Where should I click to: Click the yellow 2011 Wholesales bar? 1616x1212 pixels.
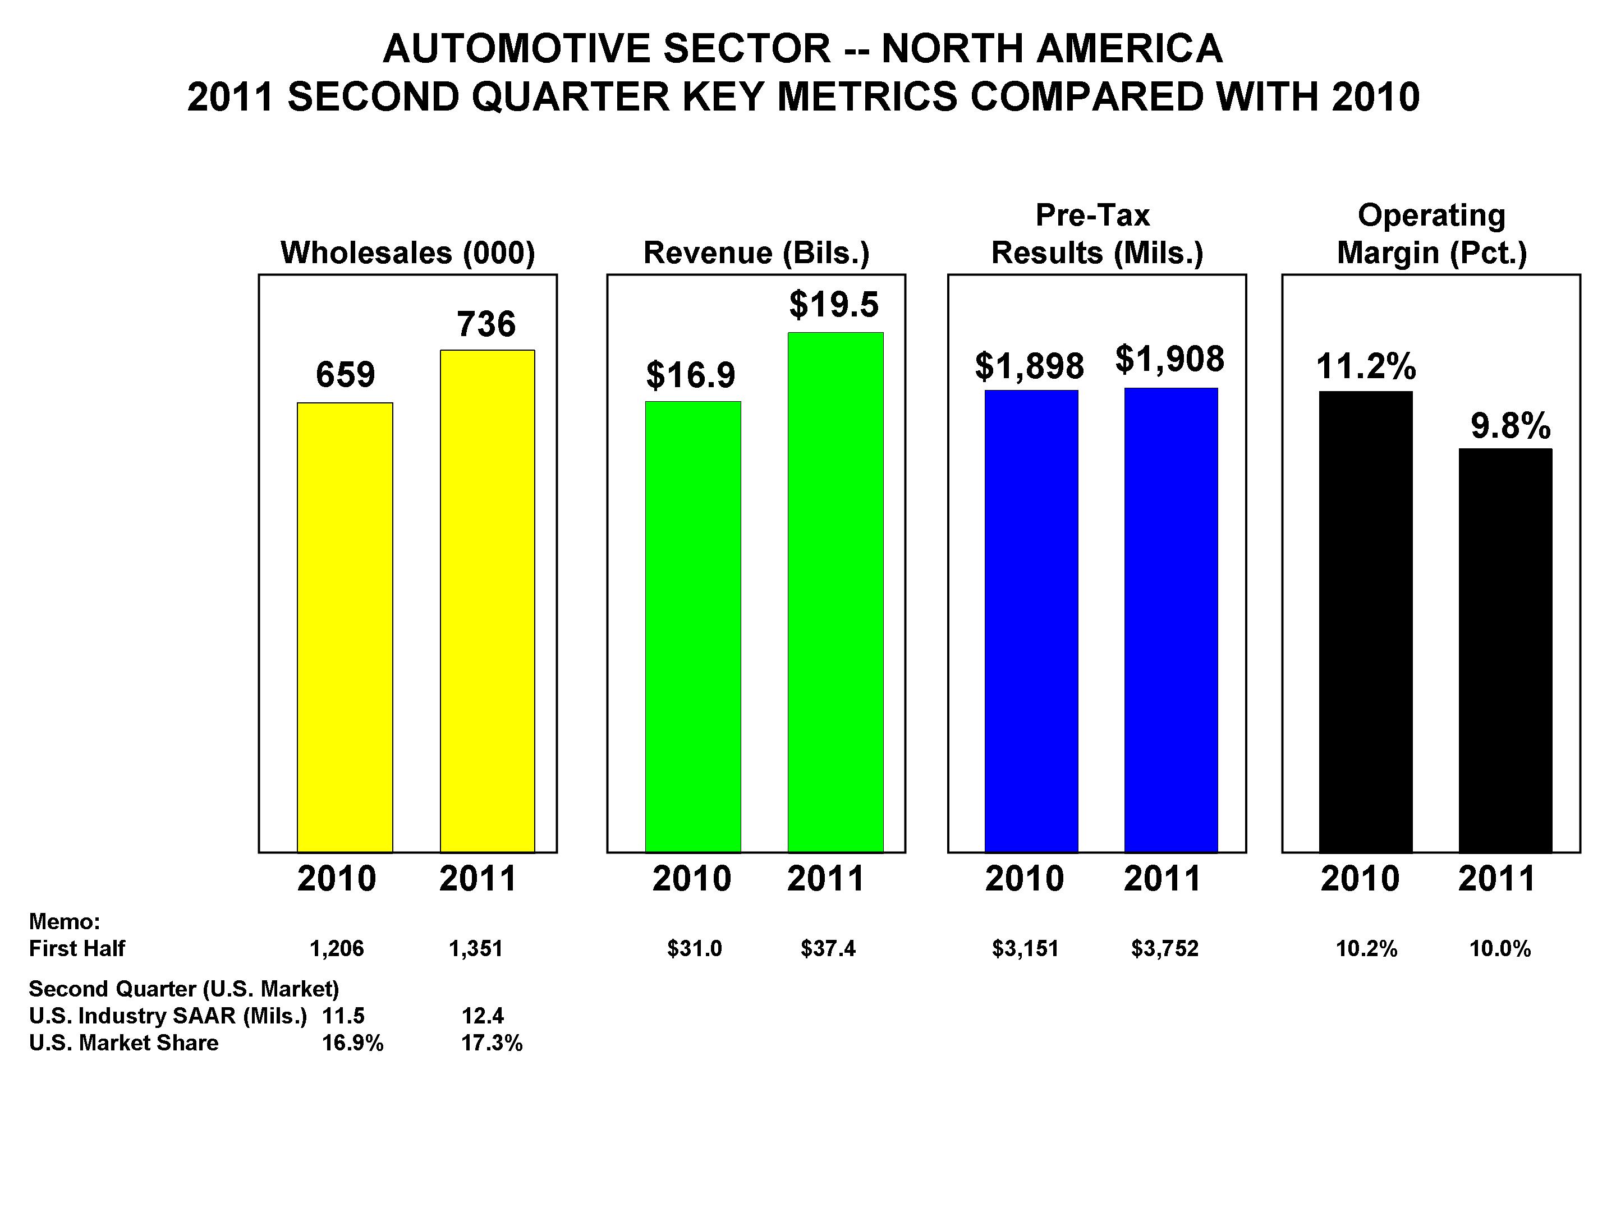[487, 600]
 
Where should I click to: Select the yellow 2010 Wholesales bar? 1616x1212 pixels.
[345, 627]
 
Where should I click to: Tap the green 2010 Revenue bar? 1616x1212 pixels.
[692, 626]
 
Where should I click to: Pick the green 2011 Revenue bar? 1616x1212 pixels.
[835, 592]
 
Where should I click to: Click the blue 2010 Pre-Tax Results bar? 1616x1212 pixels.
[1031, 621]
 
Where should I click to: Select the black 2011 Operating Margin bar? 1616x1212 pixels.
[1505, 650]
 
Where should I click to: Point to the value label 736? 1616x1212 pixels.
[486, 324]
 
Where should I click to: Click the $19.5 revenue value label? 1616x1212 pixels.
[834, 305]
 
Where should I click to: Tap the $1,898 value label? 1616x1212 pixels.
[1030, 366]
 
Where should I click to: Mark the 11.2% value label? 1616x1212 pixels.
[1365, 366]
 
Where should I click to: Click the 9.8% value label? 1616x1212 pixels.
[1510, 426]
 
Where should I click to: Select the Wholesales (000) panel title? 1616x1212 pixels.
[408, 252]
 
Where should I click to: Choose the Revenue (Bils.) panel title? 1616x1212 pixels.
[756, 252]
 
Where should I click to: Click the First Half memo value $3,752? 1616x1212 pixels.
[1164, 949]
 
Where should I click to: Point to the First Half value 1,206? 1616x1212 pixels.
[336, 949]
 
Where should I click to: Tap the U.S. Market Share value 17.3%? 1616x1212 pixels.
[492, 1043]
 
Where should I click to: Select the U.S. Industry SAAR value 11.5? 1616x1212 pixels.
[343, 1016]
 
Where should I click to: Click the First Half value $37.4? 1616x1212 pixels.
[828, 949]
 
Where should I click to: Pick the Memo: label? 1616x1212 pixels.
[65, 921]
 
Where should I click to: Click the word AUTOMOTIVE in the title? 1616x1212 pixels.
[517, 49]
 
